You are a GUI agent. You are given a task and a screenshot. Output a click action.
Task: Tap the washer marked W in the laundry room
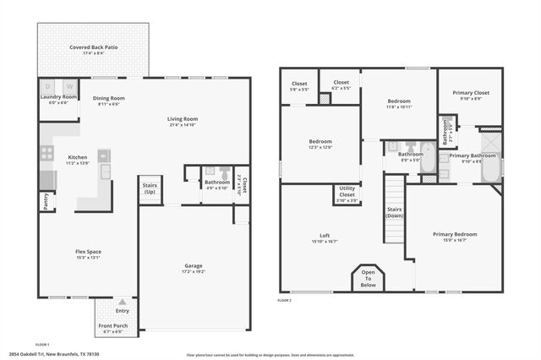pyautogui.click(x=68, y=86)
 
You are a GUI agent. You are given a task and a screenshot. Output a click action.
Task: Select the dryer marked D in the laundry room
pyautogui.click(x=48, y=86)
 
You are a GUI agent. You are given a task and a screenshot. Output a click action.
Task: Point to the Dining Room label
pyautogui.click(x=110, y=97)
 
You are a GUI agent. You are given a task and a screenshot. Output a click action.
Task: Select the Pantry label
pyautogui.click(x=45, y=201)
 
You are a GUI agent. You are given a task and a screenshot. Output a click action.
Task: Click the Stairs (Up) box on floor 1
pyautogui.click(x=150, y=188)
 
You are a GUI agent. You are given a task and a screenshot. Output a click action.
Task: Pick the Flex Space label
pyautogui.click(x=88, y=251)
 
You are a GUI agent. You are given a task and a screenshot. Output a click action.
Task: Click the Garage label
pyautogui.click(x=194, y=265)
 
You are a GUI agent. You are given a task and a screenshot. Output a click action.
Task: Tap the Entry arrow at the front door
pyautogui.click(x=123, y=301)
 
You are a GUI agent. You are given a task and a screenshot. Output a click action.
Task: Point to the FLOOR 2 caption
pyautogui.click(x=285, y=300)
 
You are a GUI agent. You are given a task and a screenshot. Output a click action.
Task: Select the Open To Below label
pyautogui.click(x=369, y=279)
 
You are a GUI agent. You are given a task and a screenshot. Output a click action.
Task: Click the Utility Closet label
pyautogui.click(x=347, y=191)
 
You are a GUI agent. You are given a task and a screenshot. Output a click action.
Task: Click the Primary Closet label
pyautogui.click(x=468, y=93)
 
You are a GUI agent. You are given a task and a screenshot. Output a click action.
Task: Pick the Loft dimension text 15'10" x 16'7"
pyautogui.click(x=324, y=241)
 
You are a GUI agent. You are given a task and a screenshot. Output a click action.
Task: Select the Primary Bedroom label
pyautogui.click(x=455, y=234)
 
